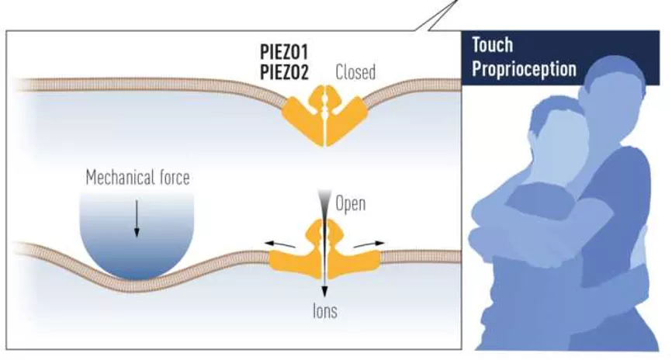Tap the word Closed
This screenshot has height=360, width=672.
[355, 73]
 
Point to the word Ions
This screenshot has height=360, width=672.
[324, 313]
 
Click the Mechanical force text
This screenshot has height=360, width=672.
[137, 178]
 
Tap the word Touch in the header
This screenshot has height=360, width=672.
[493, 46]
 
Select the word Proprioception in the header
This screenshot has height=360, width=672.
[524, 69]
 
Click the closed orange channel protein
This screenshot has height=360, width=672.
[324, 116]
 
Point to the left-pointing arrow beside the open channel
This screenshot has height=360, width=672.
[280, 244]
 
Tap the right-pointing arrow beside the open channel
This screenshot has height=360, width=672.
[369, 244]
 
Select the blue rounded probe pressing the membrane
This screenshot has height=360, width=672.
[137, 237]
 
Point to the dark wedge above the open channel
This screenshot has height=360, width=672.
[324, 206]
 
